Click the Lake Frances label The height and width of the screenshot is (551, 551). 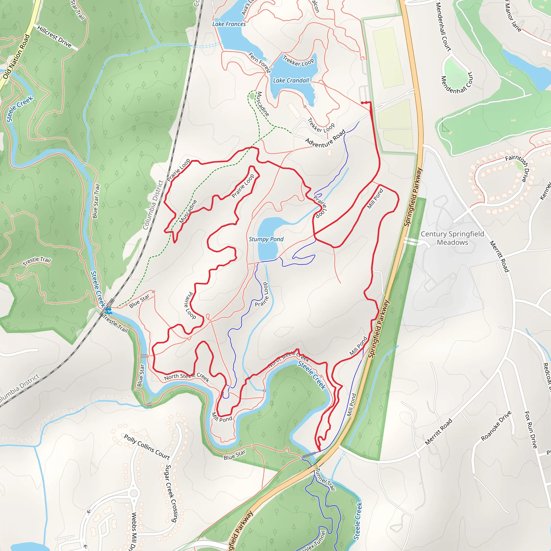[229, 24]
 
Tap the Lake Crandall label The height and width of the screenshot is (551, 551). [291, 81]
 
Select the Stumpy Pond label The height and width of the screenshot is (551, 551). [266, 239]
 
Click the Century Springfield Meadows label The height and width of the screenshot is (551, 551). [452, 238]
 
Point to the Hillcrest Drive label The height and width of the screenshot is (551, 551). [54, 37]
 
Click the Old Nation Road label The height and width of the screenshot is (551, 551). [16, 57]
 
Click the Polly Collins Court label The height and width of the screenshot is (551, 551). [147, 447]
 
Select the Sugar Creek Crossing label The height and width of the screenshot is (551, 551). [172, 493]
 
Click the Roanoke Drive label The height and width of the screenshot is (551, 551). [496, 426]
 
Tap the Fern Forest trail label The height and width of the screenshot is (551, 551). [259, 62]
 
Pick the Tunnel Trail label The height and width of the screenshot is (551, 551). [325, 479]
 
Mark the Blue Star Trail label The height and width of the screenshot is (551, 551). [96, 201]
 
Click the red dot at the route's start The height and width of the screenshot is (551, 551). [362, 103]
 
